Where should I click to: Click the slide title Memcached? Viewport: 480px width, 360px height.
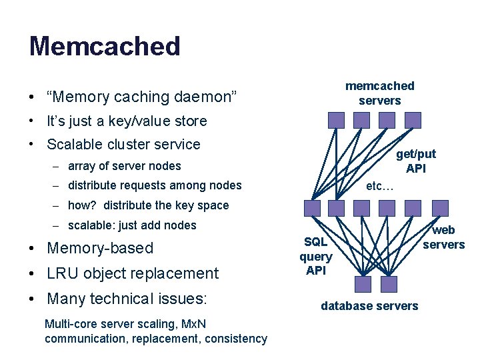(105, 46)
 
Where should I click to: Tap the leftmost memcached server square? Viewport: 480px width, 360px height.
(337, 120)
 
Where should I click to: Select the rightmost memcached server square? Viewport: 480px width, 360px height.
(413, 120)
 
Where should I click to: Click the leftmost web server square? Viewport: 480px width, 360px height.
(312, 208)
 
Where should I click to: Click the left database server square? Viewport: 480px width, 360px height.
(363, 284)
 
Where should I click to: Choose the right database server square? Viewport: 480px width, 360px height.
(388, 284)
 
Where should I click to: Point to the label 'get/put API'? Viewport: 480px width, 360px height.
(416, 161)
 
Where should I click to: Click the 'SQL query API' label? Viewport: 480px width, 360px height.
(315, 256)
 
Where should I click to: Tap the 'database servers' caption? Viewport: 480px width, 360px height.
(369, 306)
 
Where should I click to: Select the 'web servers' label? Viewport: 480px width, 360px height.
(443, 237)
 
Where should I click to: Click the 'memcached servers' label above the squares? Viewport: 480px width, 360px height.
(379, 93)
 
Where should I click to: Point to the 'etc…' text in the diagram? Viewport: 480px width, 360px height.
(380, 186)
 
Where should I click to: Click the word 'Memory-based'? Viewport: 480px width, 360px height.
(100, 248)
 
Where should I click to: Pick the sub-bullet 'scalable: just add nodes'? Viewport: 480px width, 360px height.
(132, 225)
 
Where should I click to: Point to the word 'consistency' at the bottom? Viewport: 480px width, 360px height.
(236, 339)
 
